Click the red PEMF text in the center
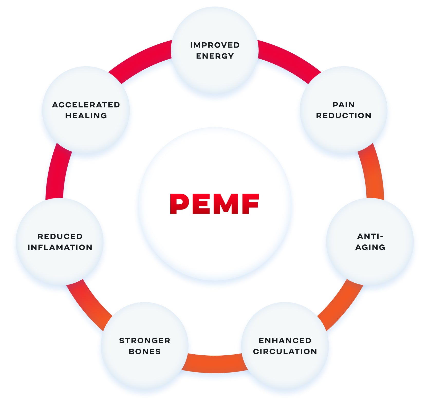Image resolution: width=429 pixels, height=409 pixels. point(214,204)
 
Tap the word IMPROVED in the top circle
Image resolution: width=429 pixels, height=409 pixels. point(215,45)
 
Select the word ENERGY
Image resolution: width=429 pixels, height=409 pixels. point(215,56)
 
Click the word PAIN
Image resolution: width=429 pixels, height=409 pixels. point(344,105)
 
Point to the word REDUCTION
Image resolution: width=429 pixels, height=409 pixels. point(344,116)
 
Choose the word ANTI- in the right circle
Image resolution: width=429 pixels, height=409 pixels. point(370,236)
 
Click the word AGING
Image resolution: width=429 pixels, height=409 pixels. point(370,247)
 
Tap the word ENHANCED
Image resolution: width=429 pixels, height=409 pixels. point(285,340)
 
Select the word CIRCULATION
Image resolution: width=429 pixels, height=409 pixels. point(285,351)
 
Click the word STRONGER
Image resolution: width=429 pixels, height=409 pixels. point(145,340)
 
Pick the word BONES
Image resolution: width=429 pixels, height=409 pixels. point(145,351)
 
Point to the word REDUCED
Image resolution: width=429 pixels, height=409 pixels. point(60,236)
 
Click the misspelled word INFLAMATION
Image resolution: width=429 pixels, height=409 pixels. point(60,247)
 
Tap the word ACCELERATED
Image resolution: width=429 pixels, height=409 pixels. point(86,105)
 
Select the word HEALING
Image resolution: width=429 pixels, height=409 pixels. point(86,116)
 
